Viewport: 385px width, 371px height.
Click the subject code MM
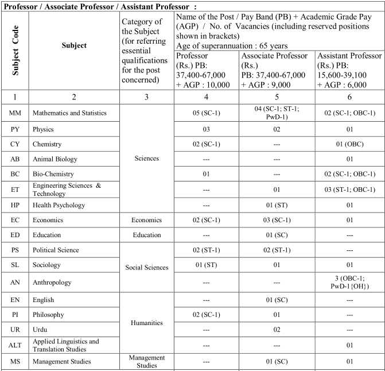pyautogui.click(x=15, y=113)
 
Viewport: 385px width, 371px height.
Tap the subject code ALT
pyautogui.click(x=15, y=345)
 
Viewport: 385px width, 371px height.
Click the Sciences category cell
pyautogui.click(x=146, y=159)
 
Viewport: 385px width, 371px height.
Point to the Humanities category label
pyautogui.click(x=146, y=323)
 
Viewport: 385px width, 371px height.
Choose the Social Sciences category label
pyautogui.click(x=146, y=267)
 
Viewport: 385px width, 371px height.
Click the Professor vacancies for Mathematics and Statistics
pyautogui.click(x=208, y=113)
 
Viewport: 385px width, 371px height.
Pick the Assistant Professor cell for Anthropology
pyautogui.click(x=349, y=283)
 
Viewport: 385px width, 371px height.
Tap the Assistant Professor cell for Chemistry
pyautogui.click(x=349, y=144)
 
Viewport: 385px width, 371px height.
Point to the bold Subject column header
pyautogui.click(x=74, y=45)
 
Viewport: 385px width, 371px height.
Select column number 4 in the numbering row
pyautogui.click(x=208, y=96)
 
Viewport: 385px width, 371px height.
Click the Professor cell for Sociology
pyautogui.click(x=208, y=265)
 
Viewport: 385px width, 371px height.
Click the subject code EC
pyautogui.click(x=15, y=220)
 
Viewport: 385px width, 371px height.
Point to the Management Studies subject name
pyautogui.click(x=60, y=361)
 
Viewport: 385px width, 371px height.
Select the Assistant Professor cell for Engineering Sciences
pyautogui.click(x=349, y=190)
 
